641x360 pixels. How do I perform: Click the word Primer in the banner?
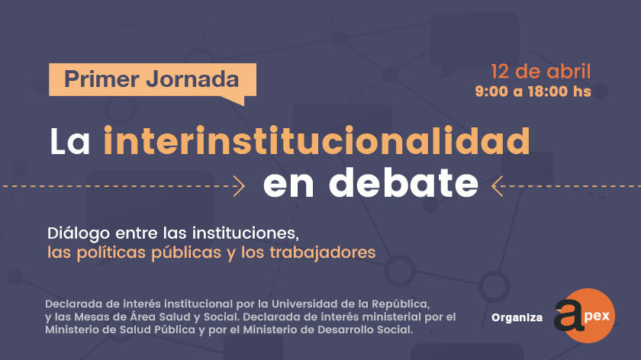pos(101,79)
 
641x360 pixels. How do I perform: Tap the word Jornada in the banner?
pos(192,79)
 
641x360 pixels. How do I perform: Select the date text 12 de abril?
pos(540,72)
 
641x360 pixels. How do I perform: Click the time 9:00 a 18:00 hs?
pos(533,91)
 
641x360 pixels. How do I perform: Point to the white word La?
pos(70,142)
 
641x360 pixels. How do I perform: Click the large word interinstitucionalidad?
pos(317,140)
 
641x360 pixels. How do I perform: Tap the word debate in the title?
pos(404,182)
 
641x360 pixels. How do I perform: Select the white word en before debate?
pos(288,186)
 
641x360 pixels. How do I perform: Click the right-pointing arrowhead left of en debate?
pos(239,186)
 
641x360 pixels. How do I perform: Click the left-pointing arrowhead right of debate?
pos(497,186)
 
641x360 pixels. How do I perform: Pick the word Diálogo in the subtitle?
pos(79,233)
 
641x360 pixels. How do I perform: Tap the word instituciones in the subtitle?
pos(246,233)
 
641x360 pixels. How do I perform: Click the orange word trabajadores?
pos(323,252)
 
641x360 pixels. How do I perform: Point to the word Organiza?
pos(517,317)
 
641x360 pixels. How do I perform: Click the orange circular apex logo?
pos(588,316)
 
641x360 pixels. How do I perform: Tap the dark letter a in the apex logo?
pos(569,315)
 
